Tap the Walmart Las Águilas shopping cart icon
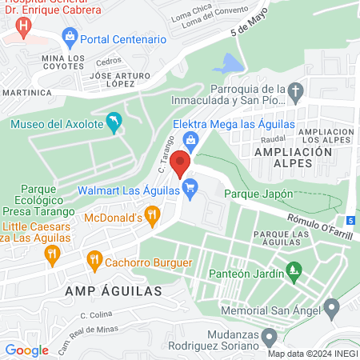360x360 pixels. (x=190, y=190)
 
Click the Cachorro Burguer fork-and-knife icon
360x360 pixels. (x=95, y=260)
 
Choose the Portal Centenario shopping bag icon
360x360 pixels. (x=70, y=37)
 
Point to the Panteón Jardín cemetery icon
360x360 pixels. (x=294, y=272)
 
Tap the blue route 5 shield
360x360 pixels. (x=352, y=220)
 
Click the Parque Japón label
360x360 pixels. (x=258, y=194)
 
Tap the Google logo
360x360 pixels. (x=27, y=350)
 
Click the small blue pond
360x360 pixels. (x=231, y=62)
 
